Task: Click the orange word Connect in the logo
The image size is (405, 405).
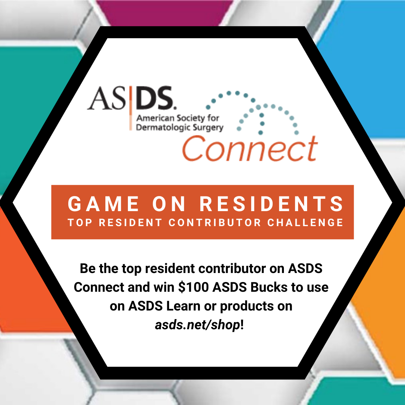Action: [x=250, y=148]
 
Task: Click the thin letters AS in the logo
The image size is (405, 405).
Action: [x=106, y=98]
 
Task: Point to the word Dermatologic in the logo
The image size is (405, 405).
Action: [x=160, y=127]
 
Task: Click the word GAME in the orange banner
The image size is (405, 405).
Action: [x=103, y=204]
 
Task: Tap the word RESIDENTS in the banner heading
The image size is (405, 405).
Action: [x=271, y=204]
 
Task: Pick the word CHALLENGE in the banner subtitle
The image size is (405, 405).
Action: [x=305, y=222]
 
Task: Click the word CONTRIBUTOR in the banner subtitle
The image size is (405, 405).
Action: [x=214, y=222]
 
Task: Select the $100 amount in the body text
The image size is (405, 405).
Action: [x=193, y=287]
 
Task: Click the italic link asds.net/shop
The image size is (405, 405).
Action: [x=198, y=325]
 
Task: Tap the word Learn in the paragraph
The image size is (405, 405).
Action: [x=183, y=306]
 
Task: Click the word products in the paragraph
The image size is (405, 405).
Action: [x=247, y=307]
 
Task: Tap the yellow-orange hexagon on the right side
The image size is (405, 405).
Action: [x=382, y=297]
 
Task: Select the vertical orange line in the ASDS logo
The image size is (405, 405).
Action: [x=131, y=108]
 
